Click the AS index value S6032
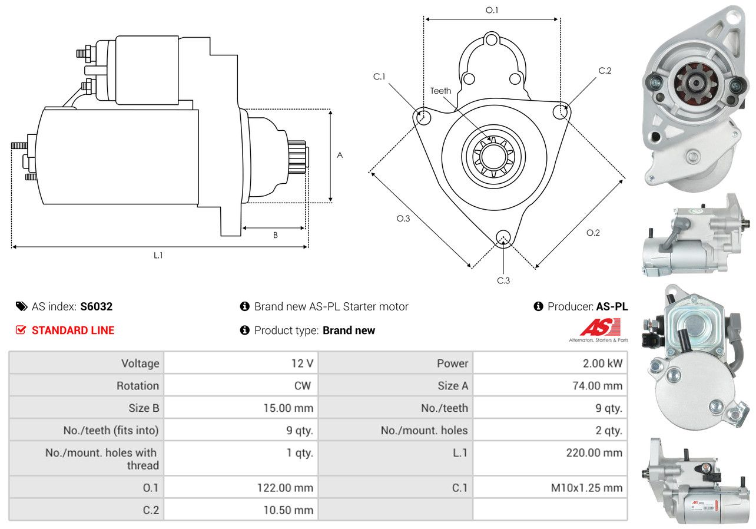(96, 306)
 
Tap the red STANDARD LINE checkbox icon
(21, 330)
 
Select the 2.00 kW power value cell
(550, 363)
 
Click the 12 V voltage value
(302, 363)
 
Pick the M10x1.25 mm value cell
(550, 488)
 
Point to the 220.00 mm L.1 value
(594, 452)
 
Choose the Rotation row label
(138, 385)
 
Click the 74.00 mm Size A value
(597, 385)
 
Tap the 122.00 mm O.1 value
(285, 488)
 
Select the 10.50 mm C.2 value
(289, 510)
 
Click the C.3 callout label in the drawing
(503, 280)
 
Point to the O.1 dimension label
(492, 10)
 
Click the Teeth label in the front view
(440, 91)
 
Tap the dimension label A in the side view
(340, 155)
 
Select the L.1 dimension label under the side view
(158, 255)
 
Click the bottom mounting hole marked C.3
(503, 237)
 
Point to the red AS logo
(601, 326)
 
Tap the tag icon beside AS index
(22, 306)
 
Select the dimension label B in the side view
(276, 235)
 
